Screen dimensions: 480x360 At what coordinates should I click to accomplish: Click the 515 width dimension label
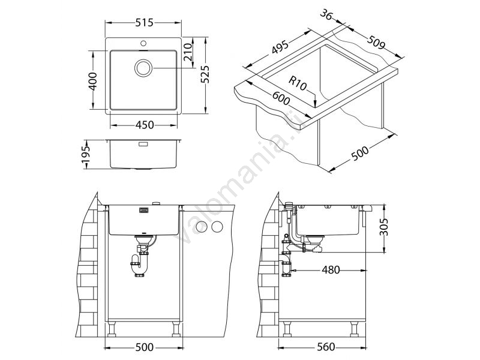[144, 23]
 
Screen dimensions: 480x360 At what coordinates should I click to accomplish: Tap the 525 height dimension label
[205, 74]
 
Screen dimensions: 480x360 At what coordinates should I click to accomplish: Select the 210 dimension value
[188, 52]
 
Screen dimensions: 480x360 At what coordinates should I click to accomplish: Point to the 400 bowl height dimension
[93, 81]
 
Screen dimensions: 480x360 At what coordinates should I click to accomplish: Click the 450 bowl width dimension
[144, 125]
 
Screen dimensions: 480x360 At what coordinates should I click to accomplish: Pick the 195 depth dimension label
[86, 155]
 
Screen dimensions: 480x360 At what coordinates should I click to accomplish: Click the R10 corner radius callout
[297, 83]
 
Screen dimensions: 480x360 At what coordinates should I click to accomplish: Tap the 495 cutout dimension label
[280, 47]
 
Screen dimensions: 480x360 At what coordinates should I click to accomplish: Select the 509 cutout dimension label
[376, 42]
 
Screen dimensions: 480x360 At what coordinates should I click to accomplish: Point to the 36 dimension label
[326, 14]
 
